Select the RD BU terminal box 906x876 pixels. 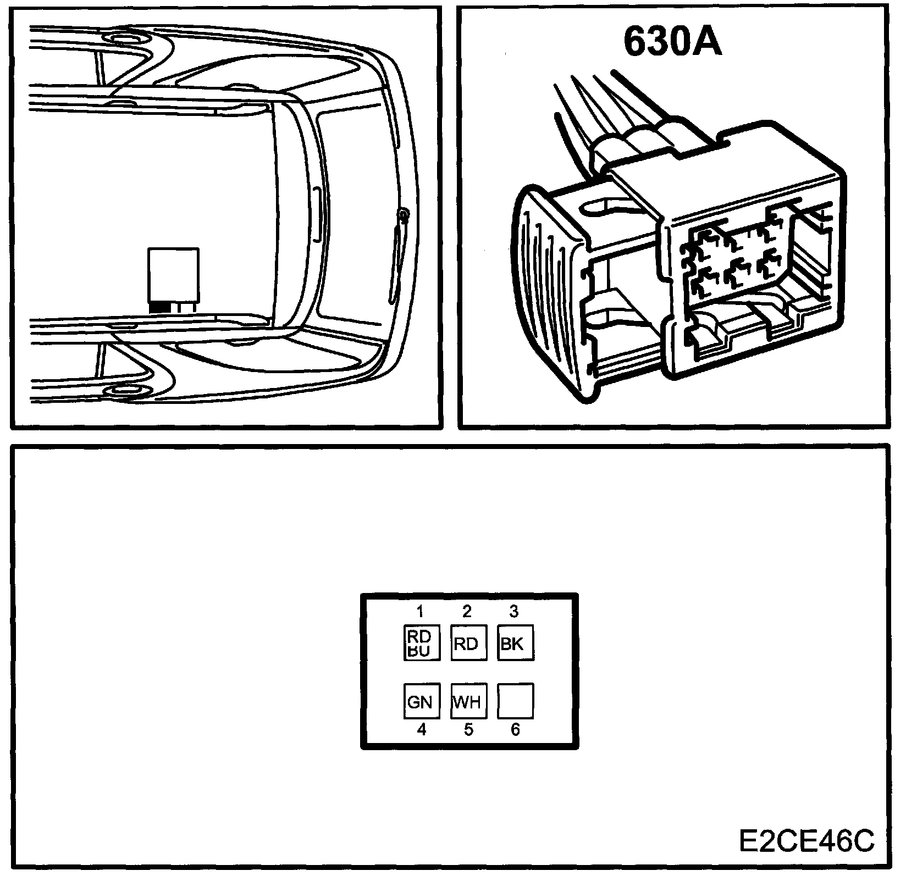[x=422, y=643]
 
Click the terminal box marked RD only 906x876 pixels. [x=468, y=643]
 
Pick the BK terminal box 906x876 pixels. [x=515, y=643]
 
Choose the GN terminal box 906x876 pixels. [x=422, y=701]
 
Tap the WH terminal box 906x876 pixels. [x=468, y=701]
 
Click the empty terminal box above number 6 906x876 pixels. [x=515, y=701]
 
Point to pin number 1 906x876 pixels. [x=420, y=611]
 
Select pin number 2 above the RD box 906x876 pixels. [x=467, y=611]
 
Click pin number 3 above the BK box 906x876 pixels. [x=513, y=611]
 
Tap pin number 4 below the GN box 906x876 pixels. [x=422, y=730]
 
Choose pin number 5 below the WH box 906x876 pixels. [x=468, y=730]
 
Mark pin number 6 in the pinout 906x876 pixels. [x=515, y=730]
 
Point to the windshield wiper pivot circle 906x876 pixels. [x=404, y=214]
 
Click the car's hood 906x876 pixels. [x=357, y=214]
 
